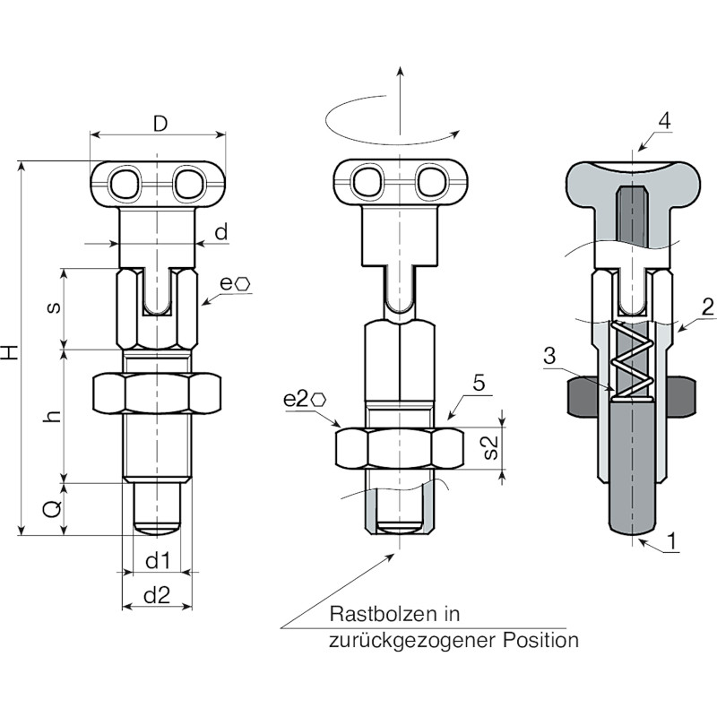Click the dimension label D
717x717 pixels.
[160, 123]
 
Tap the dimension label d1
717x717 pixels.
[158, 561]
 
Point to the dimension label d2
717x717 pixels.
[157, 595]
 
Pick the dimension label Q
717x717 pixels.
[53, 508]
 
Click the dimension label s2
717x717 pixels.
[489, 446]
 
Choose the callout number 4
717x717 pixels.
[664, 121]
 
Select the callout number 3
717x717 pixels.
[550, 355]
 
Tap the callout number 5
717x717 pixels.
[479, 383]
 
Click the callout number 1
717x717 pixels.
[671, 541]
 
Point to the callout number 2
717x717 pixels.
[707, 307]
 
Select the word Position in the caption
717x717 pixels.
[541, 640]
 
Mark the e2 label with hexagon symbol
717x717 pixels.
[305, 400]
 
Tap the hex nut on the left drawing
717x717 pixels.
[157, 393]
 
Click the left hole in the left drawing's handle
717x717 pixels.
[124, 184]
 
